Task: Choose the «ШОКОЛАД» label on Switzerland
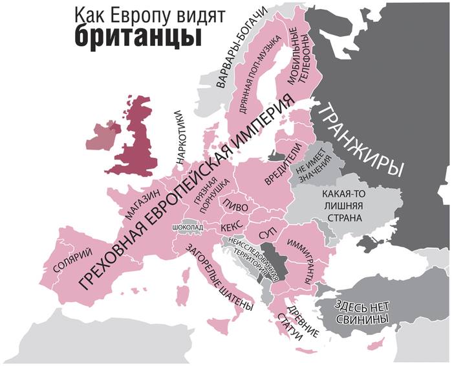pyautogui.click(x=188, y=228)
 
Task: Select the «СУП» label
pyautogui.click(x=267, y=231)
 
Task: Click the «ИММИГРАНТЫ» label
pyautogui.click(x=301, y=255)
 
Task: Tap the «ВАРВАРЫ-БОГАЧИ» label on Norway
pyautogui.click(x=240, y=51)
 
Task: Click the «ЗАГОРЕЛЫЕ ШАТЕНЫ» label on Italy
pyautogui.click(x=209, y=278)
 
